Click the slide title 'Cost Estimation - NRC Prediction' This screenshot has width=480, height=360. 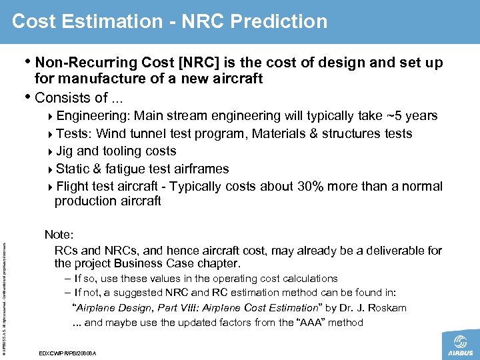point(169,21)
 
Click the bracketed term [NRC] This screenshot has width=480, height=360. point(194,63)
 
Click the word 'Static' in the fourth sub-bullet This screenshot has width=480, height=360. point(73,169)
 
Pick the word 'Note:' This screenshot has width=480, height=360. point(59,235)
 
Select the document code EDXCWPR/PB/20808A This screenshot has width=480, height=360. point(68,352)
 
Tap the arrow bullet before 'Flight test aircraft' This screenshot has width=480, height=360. point(51,187)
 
